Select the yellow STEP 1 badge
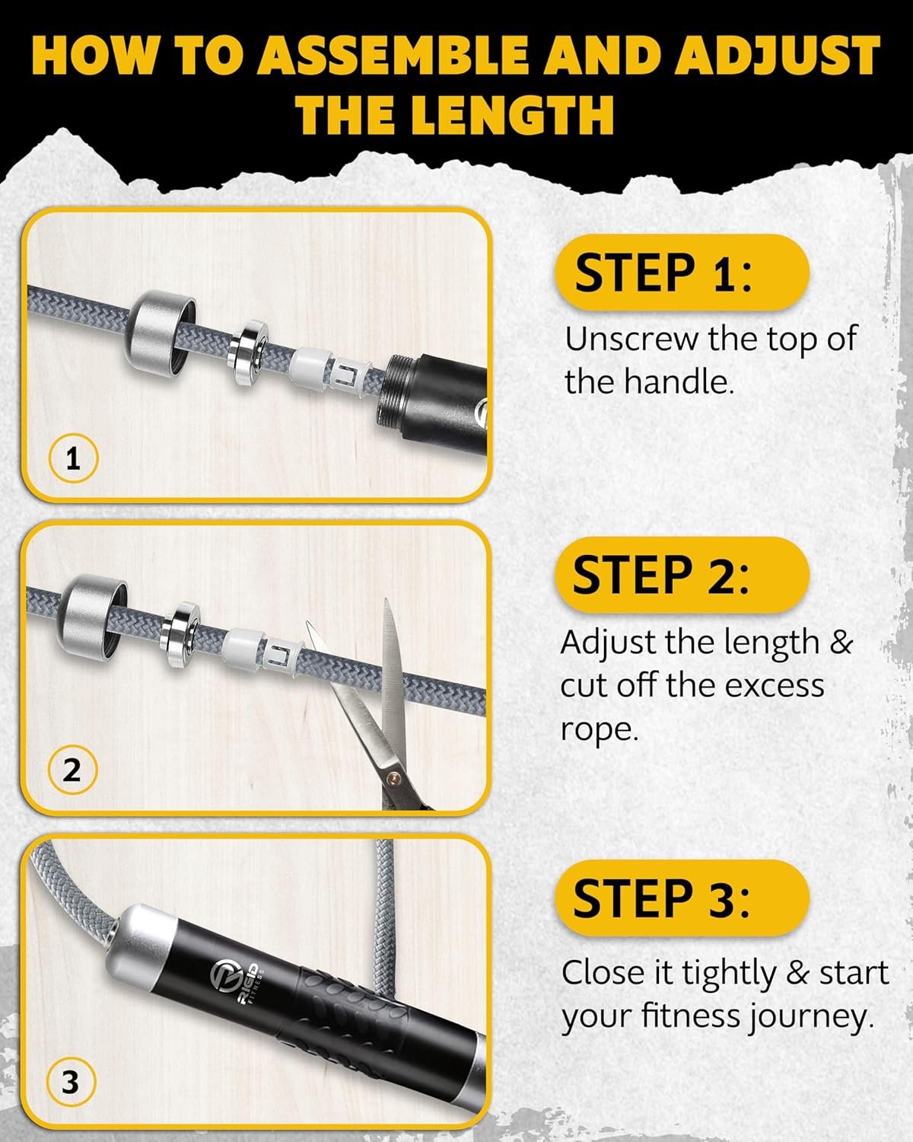682,273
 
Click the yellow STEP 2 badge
682,575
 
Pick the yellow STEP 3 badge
682,898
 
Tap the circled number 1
73,458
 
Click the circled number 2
72,770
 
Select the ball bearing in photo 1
247,353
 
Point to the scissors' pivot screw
393,779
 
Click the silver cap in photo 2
91,616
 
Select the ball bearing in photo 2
180,635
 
